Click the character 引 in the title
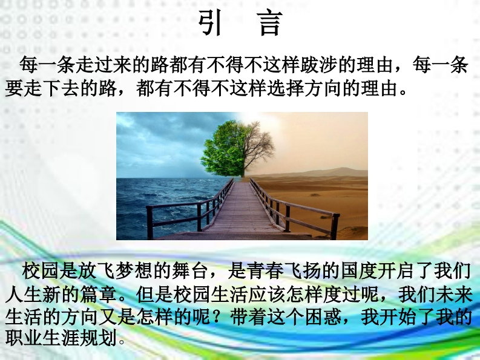pyautogui.click(x=209, y=23)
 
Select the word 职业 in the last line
pyautogui.click(x=23, y=338)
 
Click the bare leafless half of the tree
pyautogui.click(x=258, y=147)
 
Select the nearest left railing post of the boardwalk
pyautogui.click(x=150, y=222)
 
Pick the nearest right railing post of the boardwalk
pyautogui.click(x=334, y=226)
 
